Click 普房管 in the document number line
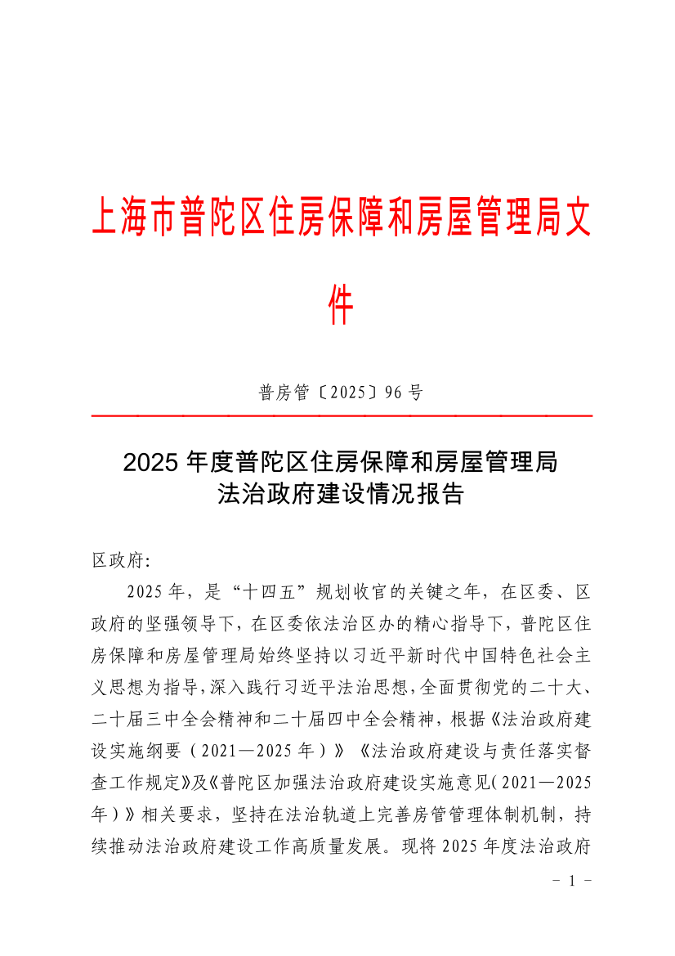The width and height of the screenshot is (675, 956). (284, 393)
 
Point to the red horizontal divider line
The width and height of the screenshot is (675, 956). (342, 416)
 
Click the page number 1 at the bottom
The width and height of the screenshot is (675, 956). (572, 882)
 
